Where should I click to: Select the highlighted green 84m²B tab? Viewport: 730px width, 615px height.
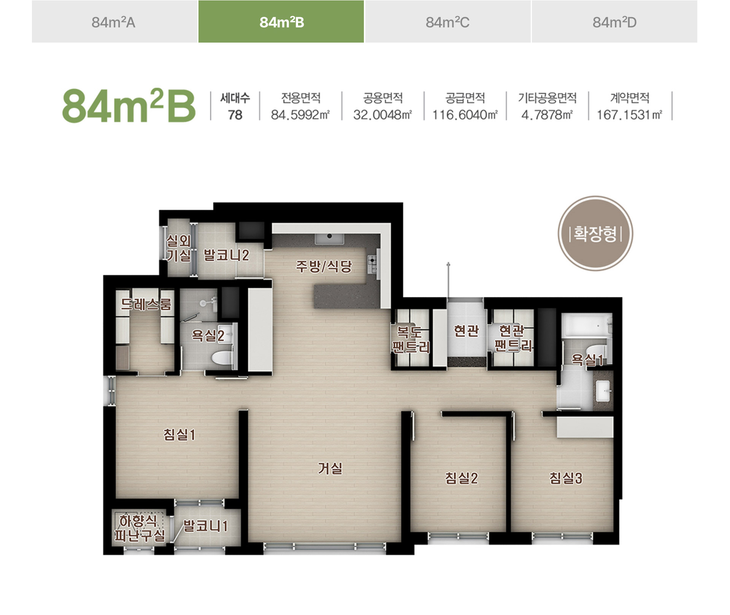281,22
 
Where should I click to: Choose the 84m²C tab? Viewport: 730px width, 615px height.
448,22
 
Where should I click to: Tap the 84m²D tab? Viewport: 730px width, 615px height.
614,22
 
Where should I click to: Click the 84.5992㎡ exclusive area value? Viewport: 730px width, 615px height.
300,114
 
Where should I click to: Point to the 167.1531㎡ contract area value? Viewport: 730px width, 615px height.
630,114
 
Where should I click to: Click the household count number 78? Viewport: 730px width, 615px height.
235,115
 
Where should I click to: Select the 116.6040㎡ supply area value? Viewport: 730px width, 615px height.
465,114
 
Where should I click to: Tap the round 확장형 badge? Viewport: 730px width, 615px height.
595,234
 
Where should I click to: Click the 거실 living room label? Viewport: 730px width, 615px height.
330,468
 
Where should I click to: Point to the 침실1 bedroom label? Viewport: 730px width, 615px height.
179,434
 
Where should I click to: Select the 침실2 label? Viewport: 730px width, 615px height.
461,478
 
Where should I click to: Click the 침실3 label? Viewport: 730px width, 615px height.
566,478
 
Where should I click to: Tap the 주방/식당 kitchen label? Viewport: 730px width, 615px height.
324,266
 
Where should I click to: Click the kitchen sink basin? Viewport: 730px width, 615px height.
329,238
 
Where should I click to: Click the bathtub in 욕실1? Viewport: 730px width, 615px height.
587,325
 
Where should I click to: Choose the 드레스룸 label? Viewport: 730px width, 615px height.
146,304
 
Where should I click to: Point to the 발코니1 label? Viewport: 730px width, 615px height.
205,526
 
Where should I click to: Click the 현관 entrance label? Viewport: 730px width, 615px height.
466,331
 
